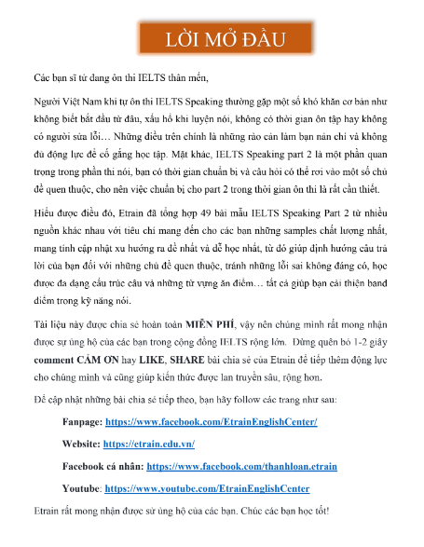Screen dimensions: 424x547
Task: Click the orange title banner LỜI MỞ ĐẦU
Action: click(x=212, y=40)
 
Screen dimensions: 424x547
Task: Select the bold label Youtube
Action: click(x=81, y=487)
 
